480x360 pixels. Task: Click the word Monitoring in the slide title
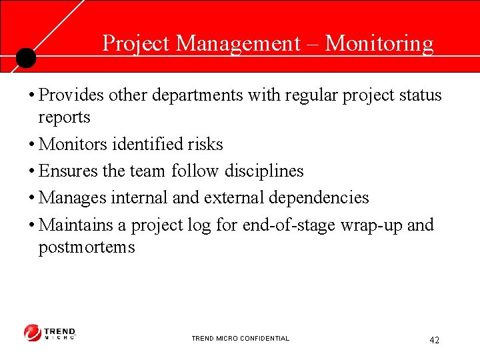(x=379, y=44)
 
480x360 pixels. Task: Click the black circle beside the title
(x=25, y=58)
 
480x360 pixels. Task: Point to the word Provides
(x=72, y=95)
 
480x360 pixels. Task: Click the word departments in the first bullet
(x=197, y=95)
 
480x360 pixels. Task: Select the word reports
(x=64, y=118)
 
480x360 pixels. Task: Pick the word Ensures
(x=69, y=171)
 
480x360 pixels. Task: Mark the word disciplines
(x=263, y=171)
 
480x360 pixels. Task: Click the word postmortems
(x=87, y=248)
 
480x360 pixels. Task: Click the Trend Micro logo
(x=50, y=333)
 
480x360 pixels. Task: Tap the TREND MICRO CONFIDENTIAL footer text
(x=241, y=339)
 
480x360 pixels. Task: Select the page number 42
(x=434, y=341)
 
